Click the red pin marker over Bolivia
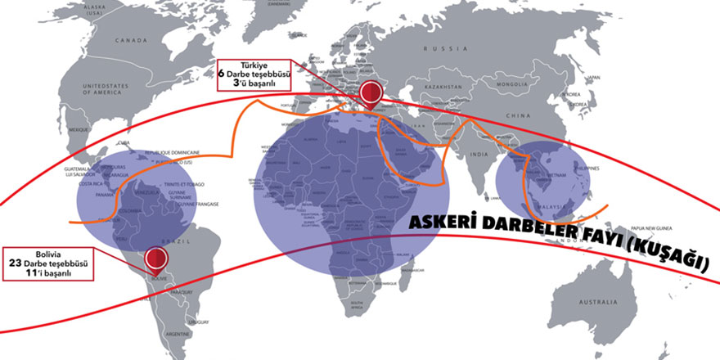155,259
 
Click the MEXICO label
79,130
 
